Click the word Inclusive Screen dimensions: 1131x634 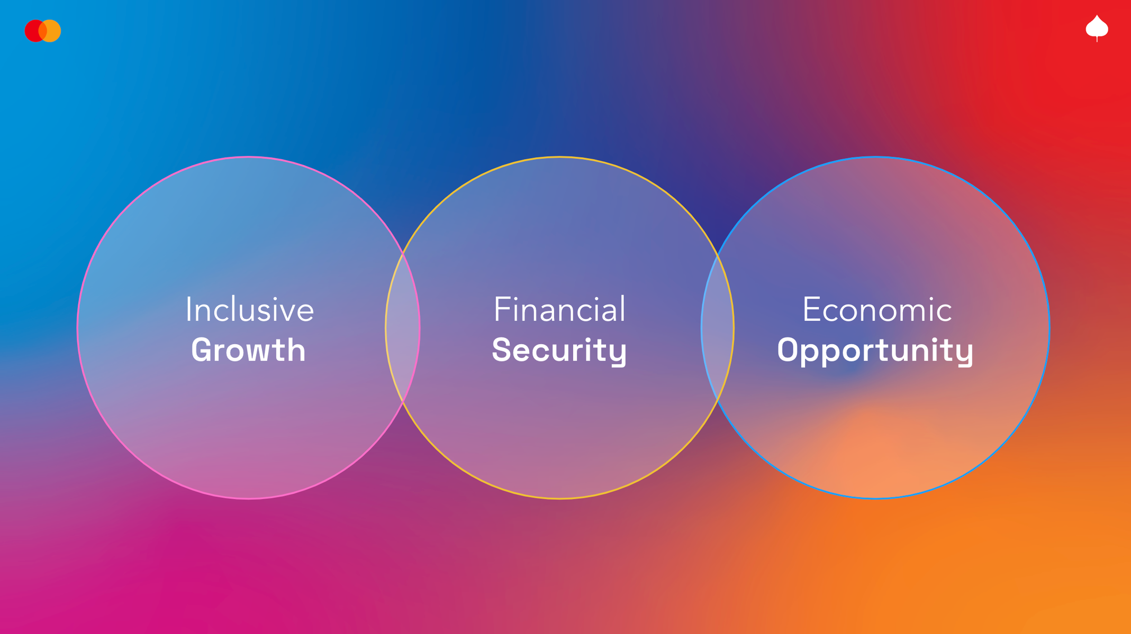(x=250, y=309)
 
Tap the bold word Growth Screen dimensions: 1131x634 (x=248, y=350)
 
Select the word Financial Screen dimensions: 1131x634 (x=559, y=309)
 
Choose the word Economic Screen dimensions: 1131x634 (x=877, y=309)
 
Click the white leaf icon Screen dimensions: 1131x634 (x=1097, y=28)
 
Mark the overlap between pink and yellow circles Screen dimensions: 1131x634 (x=403, y=328)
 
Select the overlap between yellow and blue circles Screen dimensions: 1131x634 (x=717, y=328)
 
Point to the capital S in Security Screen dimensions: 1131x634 (x=502, y=350)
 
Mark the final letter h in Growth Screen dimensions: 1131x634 (x=296, y=350)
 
